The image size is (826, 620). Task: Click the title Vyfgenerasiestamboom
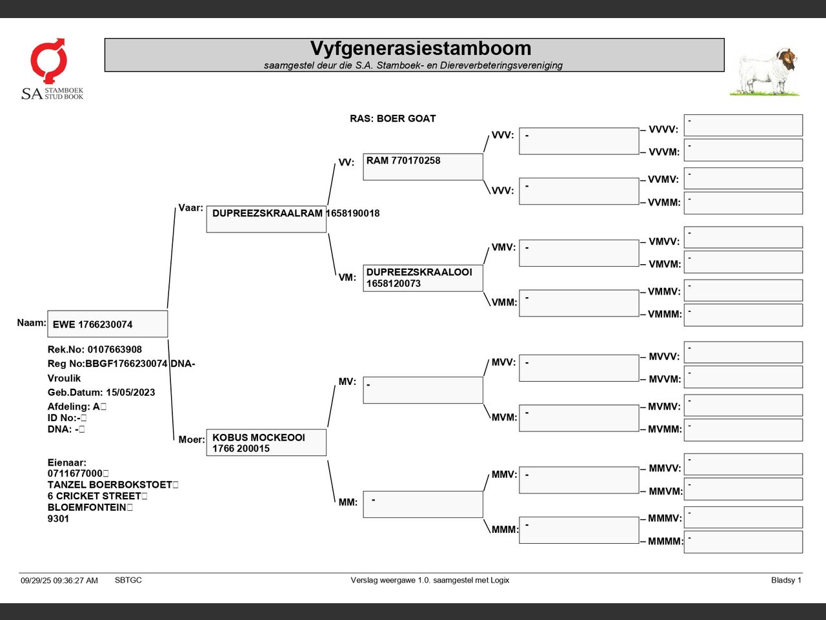(420, 48)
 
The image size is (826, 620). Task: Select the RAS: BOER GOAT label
(392, 119)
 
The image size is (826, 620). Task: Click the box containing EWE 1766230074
(107, 324)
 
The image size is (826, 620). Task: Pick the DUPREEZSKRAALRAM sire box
(266, 219)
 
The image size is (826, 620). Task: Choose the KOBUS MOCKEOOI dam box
(266, 442)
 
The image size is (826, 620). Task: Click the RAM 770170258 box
(423, 167)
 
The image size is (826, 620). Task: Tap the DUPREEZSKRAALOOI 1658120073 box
(423, 278)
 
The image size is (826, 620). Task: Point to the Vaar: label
(190, 208)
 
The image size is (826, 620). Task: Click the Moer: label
(192, 440)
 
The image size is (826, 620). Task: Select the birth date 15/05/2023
(130, 393)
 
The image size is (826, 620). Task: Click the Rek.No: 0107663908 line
(95, 349)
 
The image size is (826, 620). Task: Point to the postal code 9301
(58, 519)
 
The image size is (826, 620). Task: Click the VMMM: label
(665, 315)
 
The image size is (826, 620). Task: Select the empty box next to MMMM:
(743, 542)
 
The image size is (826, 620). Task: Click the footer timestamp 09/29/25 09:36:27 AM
(59, 581)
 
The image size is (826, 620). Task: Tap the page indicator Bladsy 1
(786, 580)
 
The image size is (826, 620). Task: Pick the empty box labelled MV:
(423, 390)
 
